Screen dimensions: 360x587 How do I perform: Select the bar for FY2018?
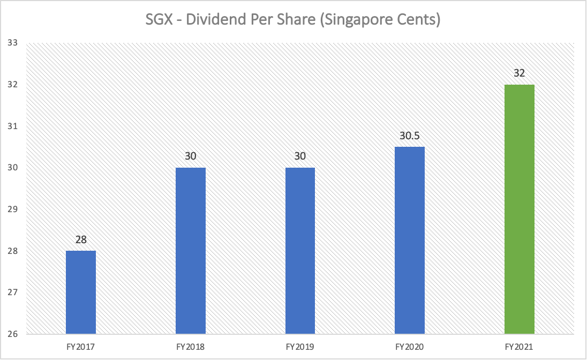click(191, 251)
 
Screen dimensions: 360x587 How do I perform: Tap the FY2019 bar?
click(300, 251)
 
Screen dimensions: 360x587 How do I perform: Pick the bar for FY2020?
click(410, 241)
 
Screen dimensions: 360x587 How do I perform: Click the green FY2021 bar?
click(520, 209)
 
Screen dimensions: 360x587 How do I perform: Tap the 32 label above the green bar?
click(520, 73)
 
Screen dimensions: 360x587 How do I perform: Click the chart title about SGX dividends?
click(293, 21)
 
